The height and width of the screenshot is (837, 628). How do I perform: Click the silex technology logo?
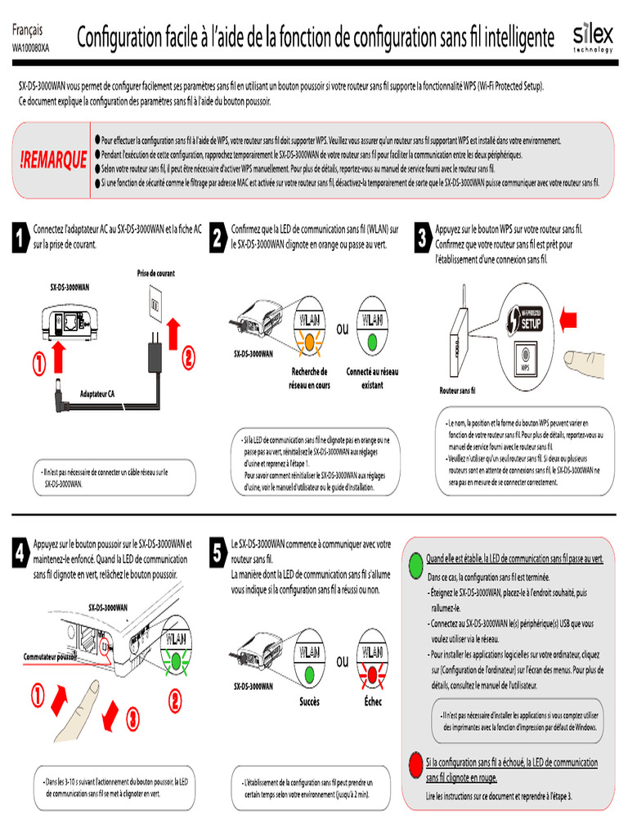[x=592, y=38]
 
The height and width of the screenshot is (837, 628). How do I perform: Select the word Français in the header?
[x=29, y=29]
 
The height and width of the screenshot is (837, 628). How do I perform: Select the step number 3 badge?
[x=421, y=239]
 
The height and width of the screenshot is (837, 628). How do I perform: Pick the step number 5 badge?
[x=217, y=553]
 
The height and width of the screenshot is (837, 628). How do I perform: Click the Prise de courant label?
[x=155, y=273]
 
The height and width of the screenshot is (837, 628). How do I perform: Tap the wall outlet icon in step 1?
[x=155, y=305]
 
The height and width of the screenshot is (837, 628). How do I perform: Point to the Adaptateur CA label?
[x=97, y=394]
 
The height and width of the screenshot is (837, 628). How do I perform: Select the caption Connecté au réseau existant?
[x=372, y=378]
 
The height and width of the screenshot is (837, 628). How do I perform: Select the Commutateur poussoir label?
[x=50, y=656]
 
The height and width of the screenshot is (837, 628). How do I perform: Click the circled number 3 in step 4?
[x=132, y=718]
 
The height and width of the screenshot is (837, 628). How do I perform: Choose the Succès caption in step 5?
[x=309, y=702]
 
